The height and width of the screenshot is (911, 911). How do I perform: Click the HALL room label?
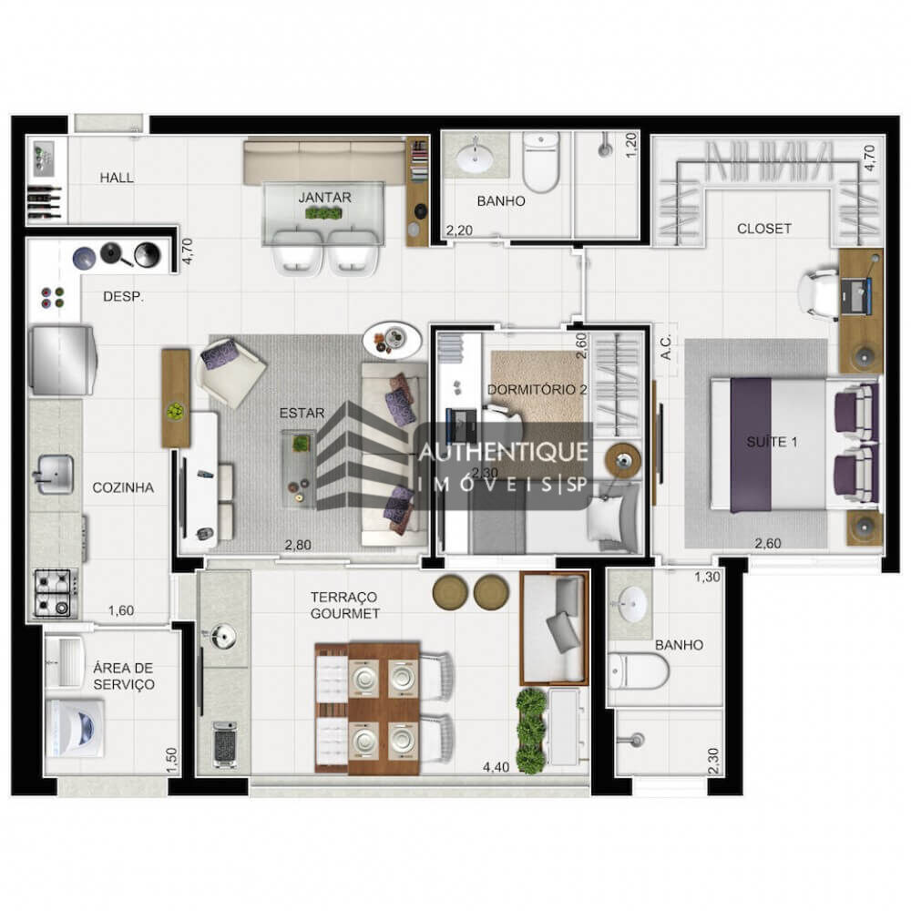pyautogui.click(x=117, y=178)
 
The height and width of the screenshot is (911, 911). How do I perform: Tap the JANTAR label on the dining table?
pyautogui.click(x=324, y=196)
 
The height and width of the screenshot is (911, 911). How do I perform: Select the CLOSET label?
pyautogui.click(x=763, y=229)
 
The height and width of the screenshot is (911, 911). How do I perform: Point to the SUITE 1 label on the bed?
pyautogui.click(x=772, y=443)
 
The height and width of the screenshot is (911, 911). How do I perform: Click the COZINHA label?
pyautogui.click(x=123, y=487)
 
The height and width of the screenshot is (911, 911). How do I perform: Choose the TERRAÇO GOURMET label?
pyautogui.click(x=344, y=605)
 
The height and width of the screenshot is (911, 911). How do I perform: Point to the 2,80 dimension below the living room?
pyautogui.click(x=297, y=545)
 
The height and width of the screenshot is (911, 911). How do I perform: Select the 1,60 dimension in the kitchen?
pyautogui.click(x=121, y=611)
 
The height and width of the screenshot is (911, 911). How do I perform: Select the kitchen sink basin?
pyautogui.click(x=55, y=472)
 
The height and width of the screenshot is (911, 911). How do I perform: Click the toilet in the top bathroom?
pyautogui.click(x=541, y=164)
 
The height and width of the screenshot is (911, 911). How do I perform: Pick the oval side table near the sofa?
pyautogui.click(x=392, y=340)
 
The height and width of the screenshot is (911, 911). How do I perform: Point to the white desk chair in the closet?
pyautogui.click(x=816, y=293)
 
